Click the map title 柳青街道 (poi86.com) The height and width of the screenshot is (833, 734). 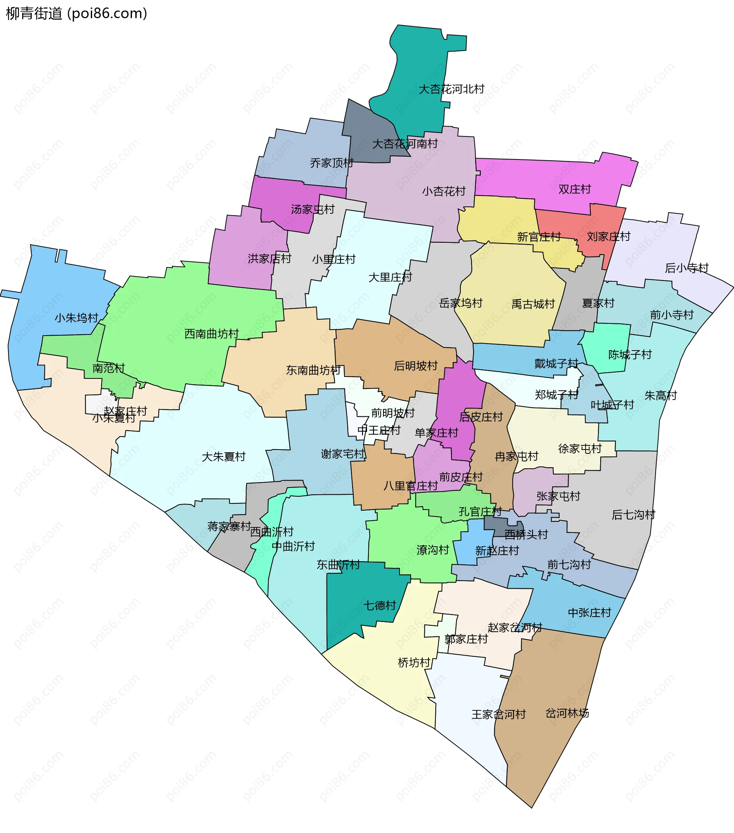pos(76,13)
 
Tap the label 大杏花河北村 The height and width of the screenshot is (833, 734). pos(451,89)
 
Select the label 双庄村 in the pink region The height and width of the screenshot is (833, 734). pos(574,189)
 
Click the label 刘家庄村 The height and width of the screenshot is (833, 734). pos(608,236)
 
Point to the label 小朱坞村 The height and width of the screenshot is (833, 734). pos(76,317)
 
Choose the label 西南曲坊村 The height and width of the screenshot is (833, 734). pos(211,334)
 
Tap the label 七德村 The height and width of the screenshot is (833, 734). pos(380,605)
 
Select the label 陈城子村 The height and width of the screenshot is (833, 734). pos(630,354)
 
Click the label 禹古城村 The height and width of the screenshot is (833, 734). pos(533,304)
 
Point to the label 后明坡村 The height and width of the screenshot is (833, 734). pos(415,366)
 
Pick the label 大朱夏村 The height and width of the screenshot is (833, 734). pos(223,456)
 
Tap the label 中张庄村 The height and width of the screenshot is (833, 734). pos(589,612)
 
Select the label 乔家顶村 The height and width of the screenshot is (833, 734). pos(331,163)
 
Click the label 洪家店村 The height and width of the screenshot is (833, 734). pos(270,258)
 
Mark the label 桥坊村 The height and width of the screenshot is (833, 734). pos(414,663)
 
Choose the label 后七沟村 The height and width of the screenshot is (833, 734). pos(633,515)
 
